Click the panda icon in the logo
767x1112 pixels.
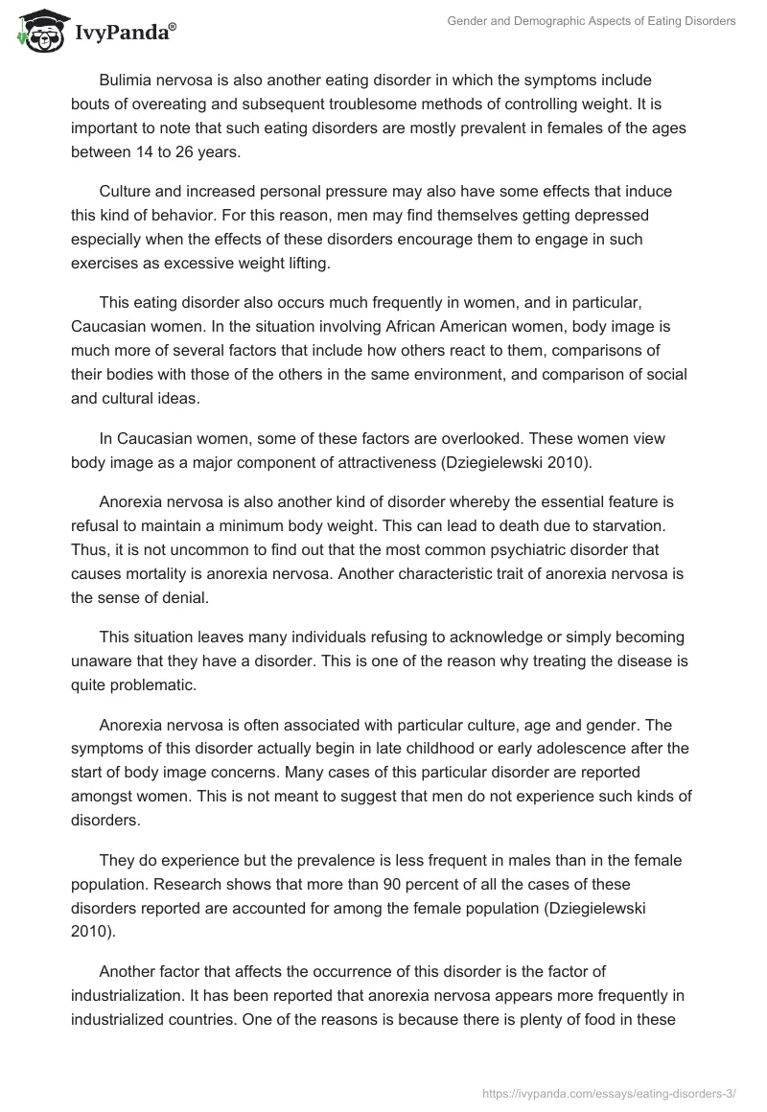pos(39,32)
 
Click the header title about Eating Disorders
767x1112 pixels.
pos(592,21)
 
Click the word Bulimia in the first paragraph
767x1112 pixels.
pos(127,81)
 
